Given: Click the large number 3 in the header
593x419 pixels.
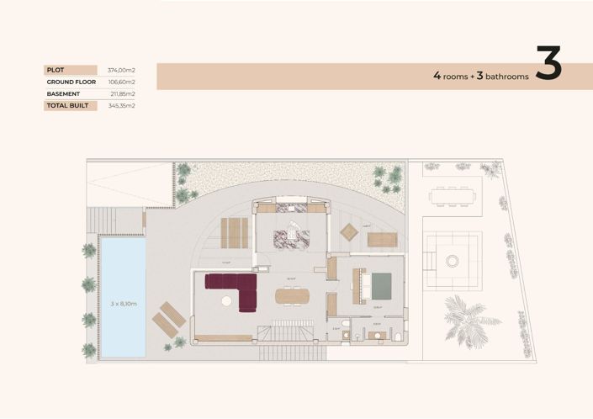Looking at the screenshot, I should [548, 67].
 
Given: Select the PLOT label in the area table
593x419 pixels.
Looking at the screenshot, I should [56, 70].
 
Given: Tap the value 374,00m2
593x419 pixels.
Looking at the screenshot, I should [121, 70].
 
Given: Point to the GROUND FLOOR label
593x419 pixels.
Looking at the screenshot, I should [69, 82].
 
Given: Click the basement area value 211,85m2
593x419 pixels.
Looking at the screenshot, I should [121, 93].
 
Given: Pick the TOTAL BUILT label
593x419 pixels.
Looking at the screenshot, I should [66, 106].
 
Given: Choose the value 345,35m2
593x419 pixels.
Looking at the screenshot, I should [121, 106].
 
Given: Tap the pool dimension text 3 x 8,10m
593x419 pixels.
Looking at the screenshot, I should [121, 303].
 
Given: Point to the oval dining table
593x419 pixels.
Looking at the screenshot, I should [292, 295].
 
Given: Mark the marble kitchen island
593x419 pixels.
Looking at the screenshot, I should [291, 237].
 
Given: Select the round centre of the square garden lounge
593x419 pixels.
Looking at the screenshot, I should [453, 261].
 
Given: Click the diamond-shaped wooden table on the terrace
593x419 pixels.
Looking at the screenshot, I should [349, 231].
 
